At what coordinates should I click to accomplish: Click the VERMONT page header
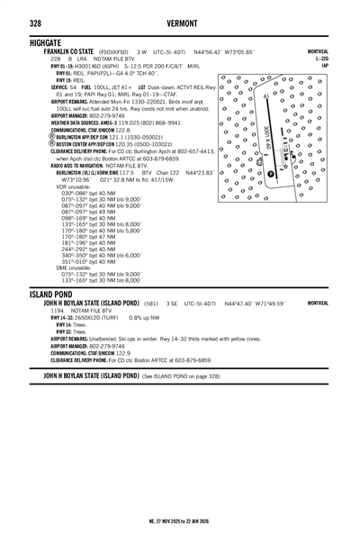click(x=180, y=23)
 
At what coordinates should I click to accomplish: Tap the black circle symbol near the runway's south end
click(x=270, y=174)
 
